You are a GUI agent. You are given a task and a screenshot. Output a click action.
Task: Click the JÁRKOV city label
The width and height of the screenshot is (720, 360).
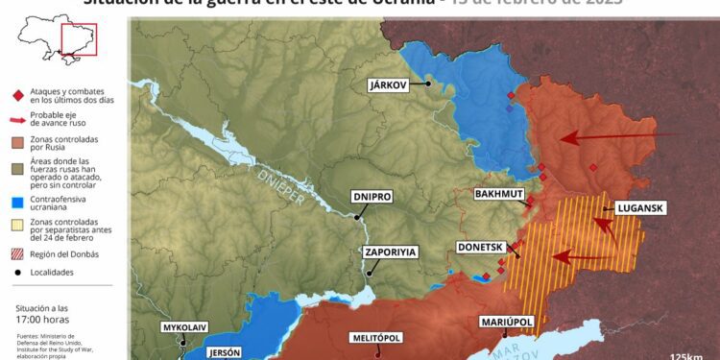389,85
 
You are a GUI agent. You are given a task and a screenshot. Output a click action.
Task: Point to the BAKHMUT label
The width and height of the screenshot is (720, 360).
499,194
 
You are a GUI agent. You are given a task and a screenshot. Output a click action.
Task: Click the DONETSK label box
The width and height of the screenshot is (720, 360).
481,247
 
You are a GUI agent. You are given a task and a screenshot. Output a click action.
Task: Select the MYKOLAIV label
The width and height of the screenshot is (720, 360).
185,327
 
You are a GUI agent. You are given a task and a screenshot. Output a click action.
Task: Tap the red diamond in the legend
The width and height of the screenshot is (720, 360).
17,95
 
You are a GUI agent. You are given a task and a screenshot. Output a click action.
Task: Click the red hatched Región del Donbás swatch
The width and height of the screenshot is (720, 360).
17,254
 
